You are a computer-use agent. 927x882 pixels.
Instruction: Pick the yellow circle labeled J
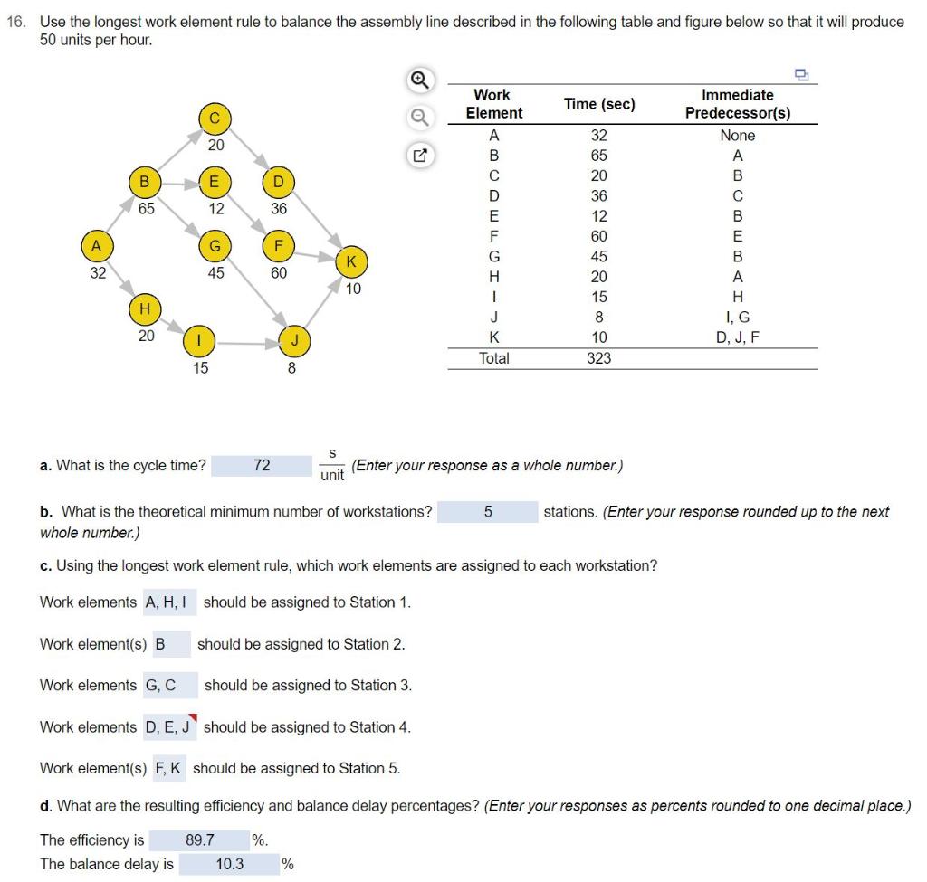click(291, 342)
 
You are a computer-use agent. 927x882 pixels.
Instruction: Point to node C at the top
click(215, 118)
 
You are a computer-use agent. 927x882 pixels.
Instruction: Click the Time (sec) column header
click(598, 104)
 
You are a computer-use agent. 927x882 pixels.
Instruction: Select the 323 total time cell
click(598, 358)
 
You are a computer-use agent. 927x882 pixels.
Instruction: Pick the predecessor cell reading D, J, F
click(738, 337)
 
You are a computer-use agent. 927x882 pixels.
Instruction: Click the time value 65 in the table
click(598, 156)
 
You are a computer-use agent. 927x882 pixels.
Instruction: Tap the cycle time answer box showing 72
click(262, 465)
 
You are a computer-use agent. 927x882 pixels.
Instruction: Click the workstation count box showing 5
click(488, 511)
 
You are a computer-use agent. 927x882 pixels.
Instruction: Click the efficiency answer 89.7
click(200, 839)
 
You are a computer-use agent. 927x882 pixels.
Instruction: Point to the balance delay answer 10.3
click(230, 864)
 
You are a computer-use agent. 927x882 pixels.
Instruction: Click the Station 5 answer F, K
click(168, 769)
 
